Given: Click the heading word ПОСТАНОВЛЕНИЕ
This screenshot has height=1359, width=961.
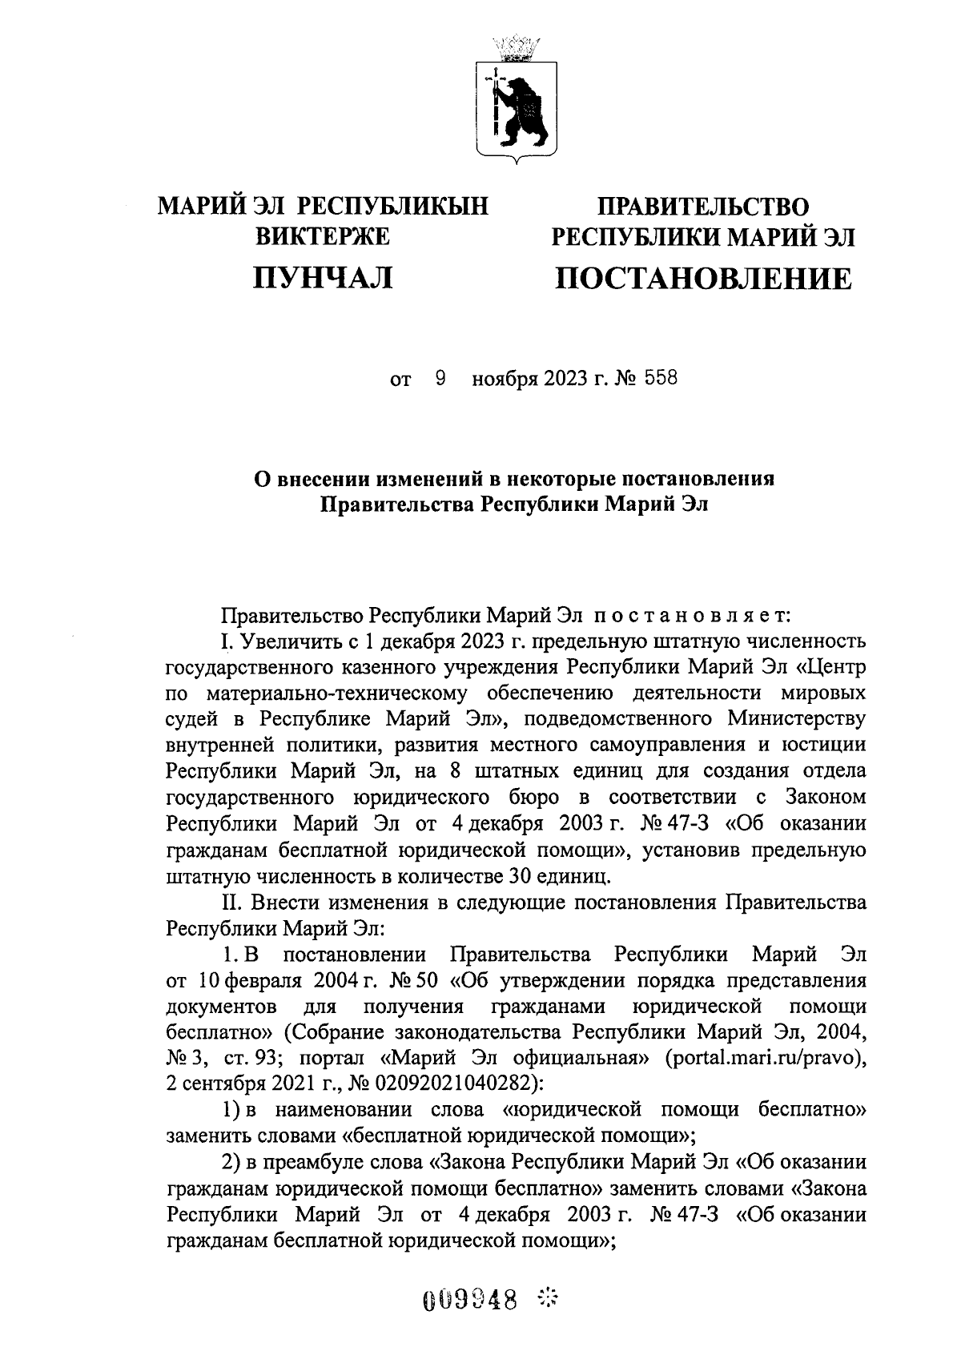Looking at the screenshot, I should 704,279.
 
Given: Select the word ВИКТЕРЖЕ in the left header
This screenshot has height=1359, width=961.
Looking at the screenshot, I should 322,236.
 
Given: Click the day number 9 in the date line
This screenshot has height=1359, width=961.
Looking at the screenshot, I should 440,378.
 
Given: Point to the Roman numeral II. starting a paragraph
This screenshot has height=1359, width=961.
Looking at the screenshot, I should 232,903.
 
